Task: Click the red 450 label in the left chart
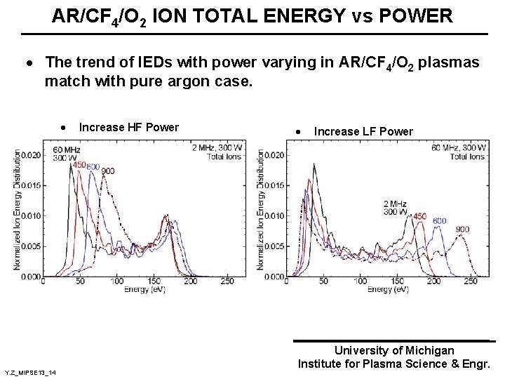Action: (79, 165)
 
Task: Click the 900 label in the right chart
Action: (462, 229)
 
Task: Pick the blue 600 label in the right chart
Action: (439, 221)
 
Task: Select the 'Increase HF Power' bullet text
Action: (129, 127)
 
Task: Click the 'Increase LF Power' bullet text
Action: (363, 131)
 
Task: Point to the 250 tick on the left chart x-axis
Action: (227, 282)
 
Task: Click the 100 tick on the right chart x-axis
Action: (361, 282)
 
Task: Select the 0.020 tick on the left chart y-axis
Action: (29, 155)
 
